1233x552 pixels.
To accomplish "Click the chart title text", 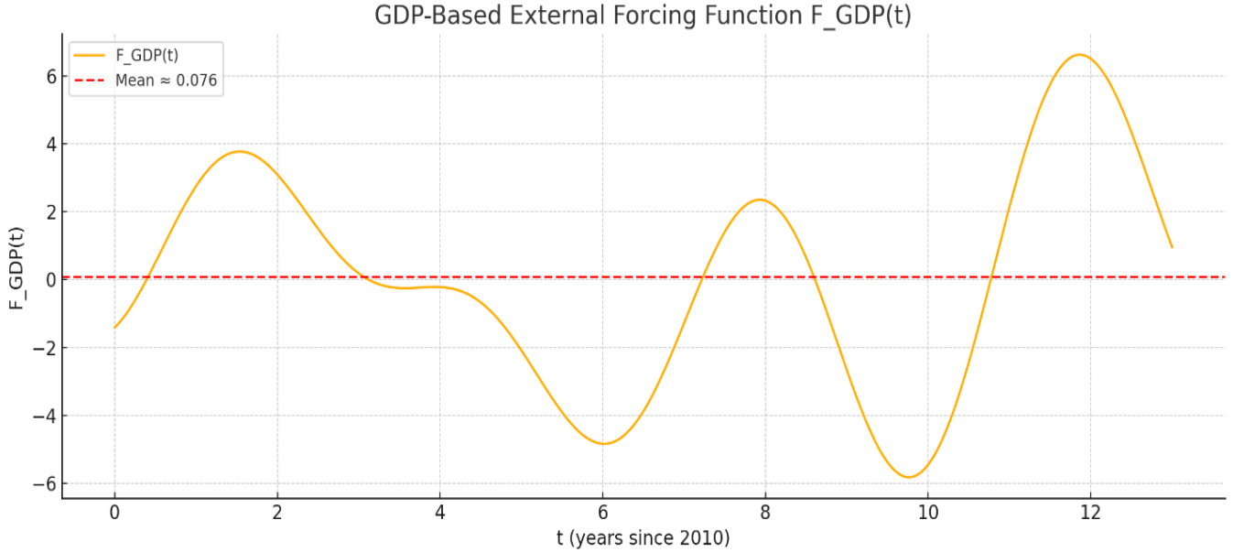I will pyautogui.click(x=643, y=16).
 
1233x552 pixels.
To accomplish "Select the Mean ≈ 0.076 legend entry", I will pyautogui.click(x=166, y=81).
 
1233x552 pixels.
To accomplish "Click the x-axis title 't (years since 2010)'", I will pyautogui.click(x=643, y=537).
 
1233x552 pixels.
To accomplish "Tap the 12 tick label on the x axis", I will pyautogui.click(x=1090, y=512).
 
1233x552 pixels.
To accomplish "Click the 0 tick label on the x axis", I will pyautogui.click(x=114, y=512).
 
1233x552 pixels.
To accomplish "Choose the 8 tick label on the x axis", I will pyautogui.click(x=765, y=512).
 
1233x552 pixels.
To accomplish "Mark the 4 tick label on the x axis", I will pyautogui.click(x=439, y=512).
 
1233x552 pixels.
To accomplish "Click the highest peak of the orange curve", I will pyautogui.click(x=1080, y=55).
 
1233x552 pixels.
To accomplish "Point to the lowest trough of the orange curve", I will pyautogui.click(x=908, y=477).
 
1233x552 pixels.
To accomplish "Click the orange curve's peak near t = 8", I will pyautogui.click(x=759, y=200).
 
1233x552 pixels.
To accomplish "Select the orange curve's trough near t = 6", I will pyautogui.click(x=603, y=444).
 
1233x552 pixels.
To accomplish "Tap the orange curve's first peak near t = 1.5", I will pyautogui.click(x=240, y=151).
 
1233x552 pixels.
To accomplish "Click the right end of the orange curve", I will pyautogui.click(x=1172, y=247).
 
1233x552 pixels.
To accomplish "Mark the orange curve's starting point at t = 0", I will pyautogui.click(x=114, y=328).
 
